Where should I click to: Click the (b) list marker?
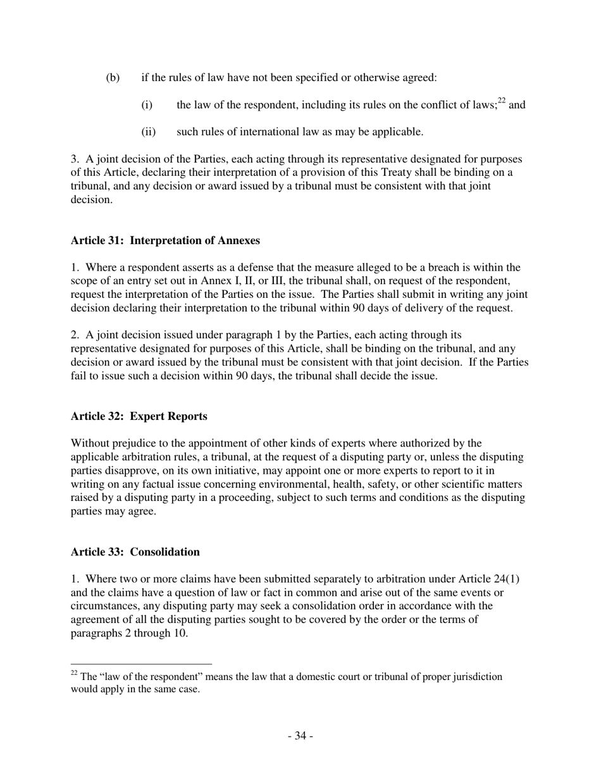(x=113, y=78)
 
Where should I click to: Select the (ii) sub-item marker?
(x=148, y=132)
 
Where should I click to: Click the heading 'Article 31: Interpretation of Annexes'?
(x=165, y=240)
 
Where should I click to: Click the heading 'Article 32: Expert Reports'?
(x=139, y=416)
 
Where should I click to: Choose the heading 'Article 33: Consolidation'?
(x=135, y=552)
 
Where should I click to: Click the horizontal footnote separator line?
(x=141, y=664)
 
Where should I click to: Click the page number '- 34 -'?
(x=300, y=736)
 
